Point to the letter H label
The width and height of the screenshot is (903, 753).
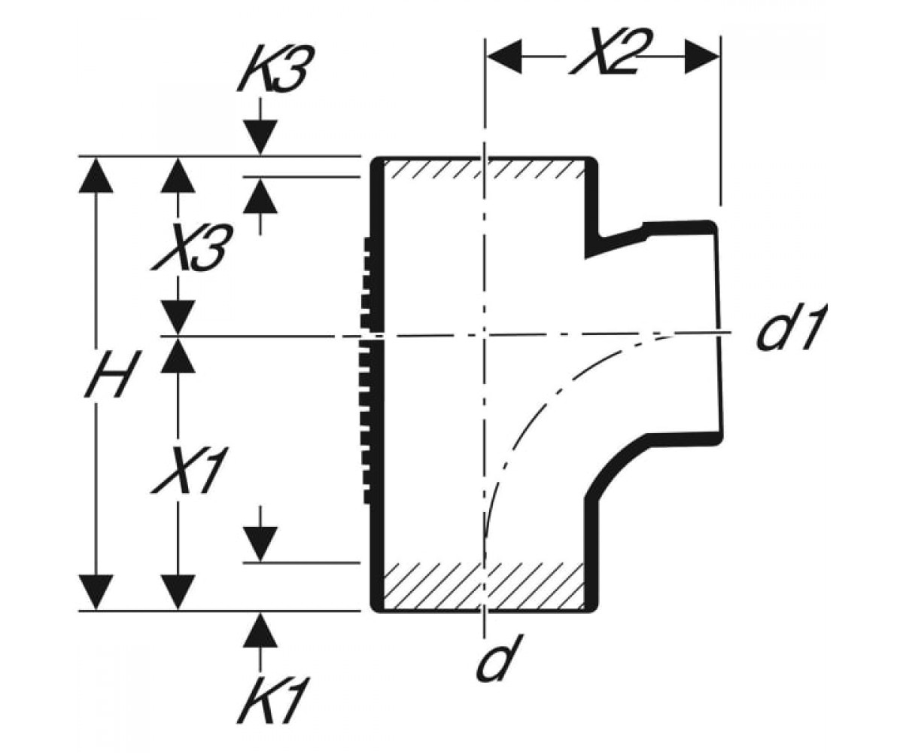(107, 373)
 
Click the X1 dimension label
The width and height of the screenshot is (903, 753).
(189, 470)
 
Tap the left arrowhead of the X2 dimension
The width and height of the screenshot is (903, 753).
(504, 56)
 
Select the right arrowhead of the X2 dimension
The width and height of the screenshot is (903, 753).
(702, 56)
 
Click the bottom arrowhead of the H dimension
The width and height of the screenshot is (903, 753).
(96, 592)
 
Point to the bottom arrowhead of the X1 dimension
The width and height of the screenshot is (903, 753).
(178, 592)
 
